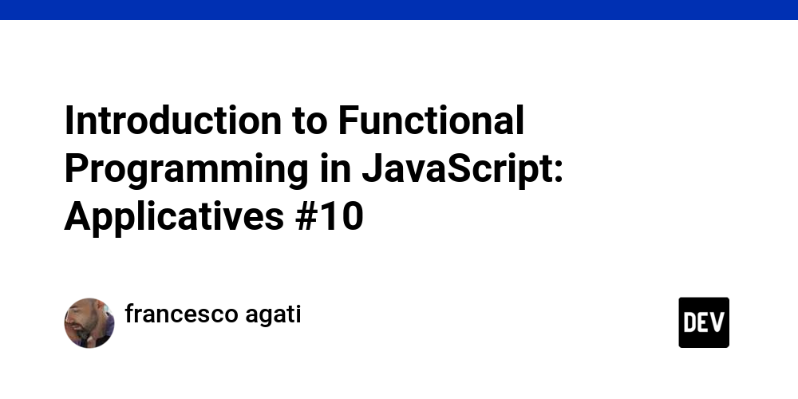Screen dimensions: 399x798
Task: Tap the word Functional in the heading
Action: click(431, 121)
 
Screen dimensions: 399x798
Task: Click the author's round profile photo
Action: click(89, 323)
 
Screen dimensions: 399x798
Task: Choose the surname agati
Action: click(273, 315)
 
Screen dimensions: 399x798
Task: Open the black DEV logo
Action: click(704, 322)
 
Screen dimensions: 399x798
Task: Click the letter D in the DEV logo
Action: click(689, 322)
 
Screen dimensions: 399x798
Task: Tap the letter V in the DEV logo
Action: click(718, 322)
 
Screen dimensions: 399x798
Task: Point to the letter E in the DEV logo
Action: click(704, 322)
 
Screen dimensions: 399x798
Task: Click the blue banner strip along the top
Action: click(399, 10)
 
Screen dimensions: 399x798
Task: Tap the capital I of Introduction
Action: click(69, 121)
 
